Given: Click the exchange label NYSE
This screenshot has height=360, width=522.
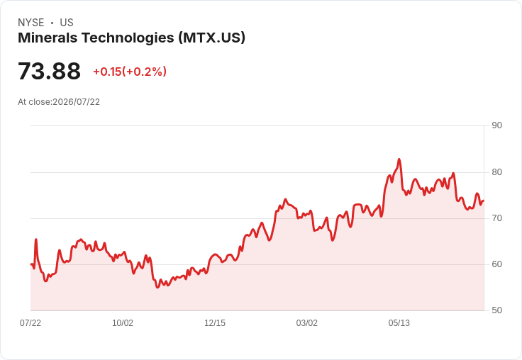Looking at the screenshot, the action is click(x=31, y=23).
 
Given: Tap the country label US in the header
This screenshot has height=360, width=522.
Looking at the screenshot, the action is click(x=67, y=23).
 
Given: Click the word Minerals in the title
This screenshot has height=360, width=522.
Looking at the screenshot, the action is click(x=48, y=38).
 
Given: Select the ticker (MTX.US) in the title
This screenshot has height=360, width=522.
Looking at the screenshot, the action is click(x=212, y=38).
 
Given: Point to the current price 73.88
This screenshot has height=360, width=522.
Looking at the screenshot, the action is click(x=49, y=71).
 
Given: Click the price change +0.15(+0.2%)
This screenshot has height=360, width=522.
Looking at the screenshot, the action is click(x=130, y=72).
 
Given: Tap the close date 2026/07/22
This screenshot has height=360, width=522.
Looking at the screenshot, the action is click(x=76, y=102).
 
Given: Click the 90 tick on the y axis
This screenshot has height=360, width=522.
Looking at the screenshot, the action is click(x=496, y=125).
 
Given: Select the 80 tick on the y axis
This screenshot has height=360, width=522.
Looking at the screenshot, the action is click(x=496, y=172).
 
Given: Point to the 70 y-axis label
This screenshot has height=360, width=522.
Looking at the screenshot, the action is click(x=496, y=218).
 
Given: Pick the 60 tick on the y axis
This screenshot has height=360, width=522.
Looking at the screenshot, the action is click(x=496, y=264).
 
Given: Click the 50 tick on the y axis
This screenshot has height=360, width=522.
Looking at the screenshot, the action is click(x=496, y=310).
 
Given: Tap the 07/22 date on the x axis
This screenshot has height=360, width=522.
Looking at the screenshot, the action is click(x=30, y=323).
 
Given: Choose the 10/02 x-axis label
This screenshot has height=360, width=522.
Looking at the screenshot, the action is click(x=123, y=323).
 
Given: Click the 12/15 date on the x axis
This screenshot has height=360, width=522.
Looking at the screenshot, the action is click(x=215, y=323).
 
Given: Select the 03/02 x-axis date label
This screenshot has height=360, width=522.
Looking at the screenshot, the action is click(x=307, y=323).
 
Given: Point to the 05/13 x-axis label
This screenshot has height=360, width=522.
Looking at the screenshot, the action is click(x=399, y=323).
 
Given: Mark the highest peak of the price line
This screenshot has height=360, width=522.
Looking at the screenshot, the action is click(x=399, y=159).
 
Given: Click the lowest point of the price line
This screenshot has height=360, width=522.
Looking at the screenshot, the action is click(x=157, y=287).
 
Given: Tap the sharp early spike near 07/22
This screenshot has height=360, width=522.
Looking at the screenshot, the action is click(x=36, y=240).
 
